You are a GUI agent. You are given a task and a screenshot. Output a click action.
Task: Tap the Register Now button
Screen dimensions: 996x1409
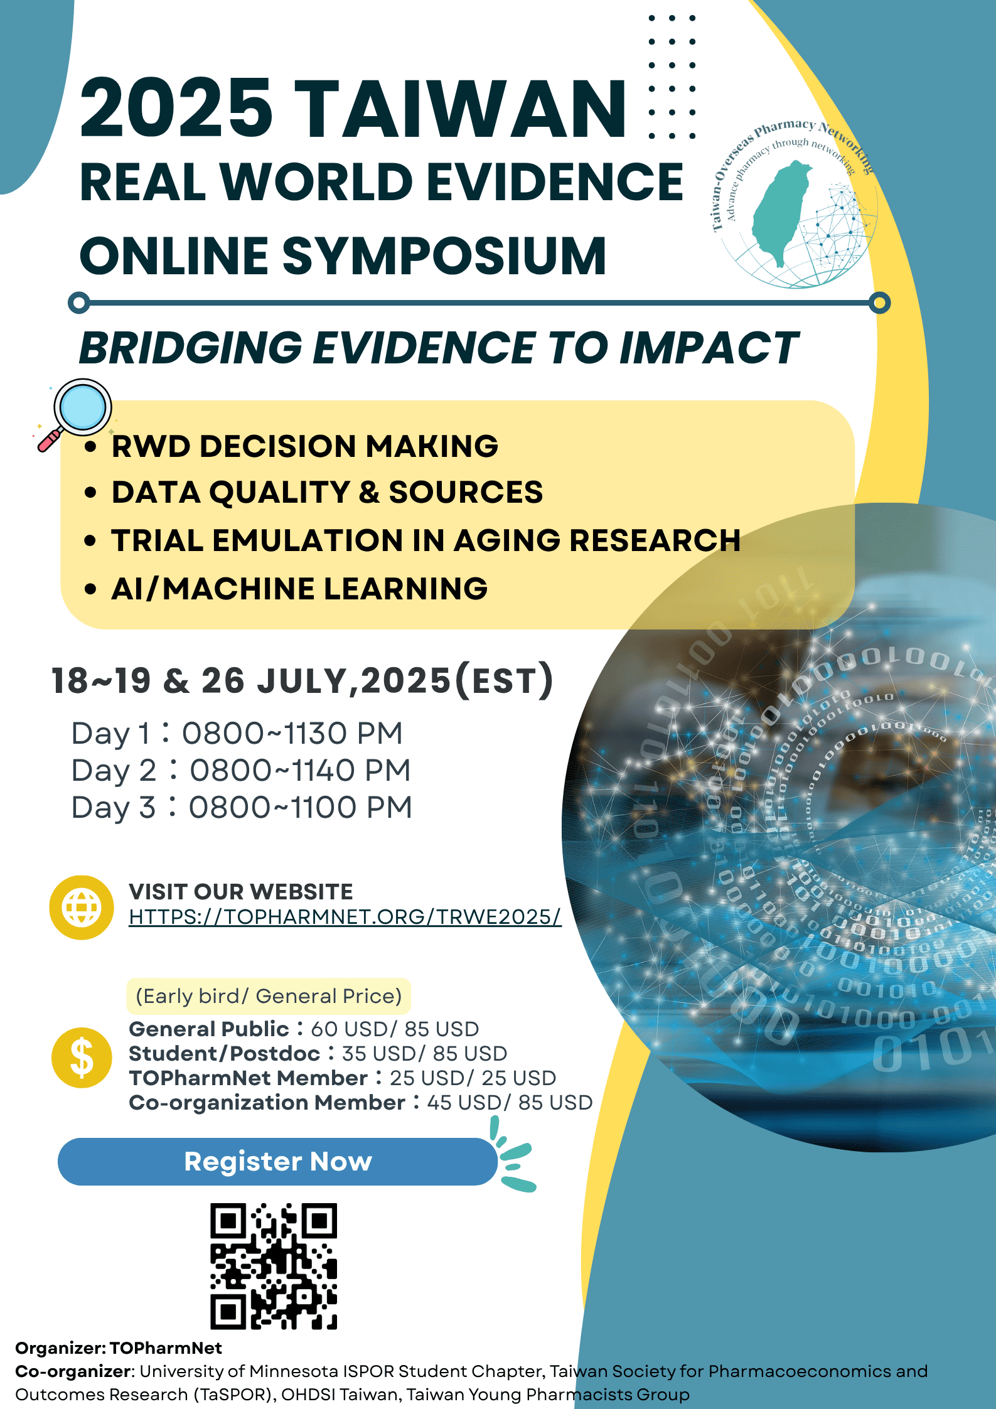coord(277,1161)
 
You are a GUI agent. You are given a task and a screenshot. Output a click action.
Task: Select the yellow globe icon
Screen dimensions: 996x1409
coord(82,907)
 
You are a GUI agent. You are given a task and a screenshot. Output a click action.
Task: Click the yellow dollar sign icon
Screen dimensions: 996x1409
coord(82,1058)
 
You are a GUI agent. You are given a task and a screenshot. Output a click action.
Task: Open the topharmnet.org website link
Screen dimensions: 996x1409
coord(345,917)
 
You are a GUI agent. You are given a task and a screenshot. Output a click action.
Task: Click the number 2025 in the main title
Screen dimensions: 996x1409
coord(176,108)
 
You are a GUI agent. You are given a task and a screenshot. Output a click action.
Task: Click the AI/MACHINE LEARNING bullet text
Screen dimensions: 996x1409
coord(299,589)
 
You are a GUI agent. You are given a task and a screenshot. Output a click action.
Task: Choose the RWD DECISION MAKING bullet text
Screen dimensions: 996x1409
coord(305,446)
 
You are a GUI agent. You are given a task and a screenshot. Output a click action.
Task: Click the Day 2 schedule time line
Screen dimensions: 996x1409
coord(241,771)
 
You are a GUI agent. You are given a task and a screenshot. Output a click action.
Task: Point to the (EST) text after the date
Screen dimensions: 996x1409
coord(504,680)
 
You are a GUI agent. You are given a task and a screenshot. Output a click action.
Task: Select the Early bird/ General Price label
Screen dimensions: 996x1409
coord(269,996)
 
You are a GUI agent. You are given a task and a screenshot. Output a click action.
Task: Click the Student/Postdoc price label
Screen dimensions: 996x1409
coord(224,1053)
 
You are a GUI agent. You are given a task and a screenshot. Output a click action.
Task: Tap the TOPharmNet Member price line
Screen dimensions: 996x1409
coord(343,1078)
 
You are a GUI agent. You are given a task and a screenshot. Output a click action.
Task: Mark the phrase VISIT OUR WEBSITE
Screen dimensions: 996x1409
coord(241,892)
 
